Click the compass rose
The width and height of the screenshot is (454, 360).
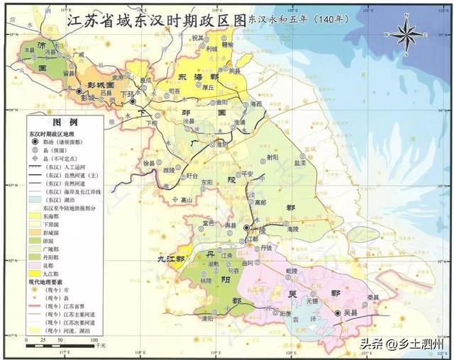(x=406, y=33)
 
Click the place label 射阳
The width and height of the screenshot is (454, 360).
(x=272, y=157)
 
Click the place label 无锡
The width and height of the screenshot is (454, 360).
(x=310, y=300)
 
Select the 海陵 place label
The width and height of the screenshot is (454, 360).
(x=293, y=230)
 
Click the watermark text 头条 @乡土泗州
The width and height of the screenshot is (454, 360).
(x=401, y=345)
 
